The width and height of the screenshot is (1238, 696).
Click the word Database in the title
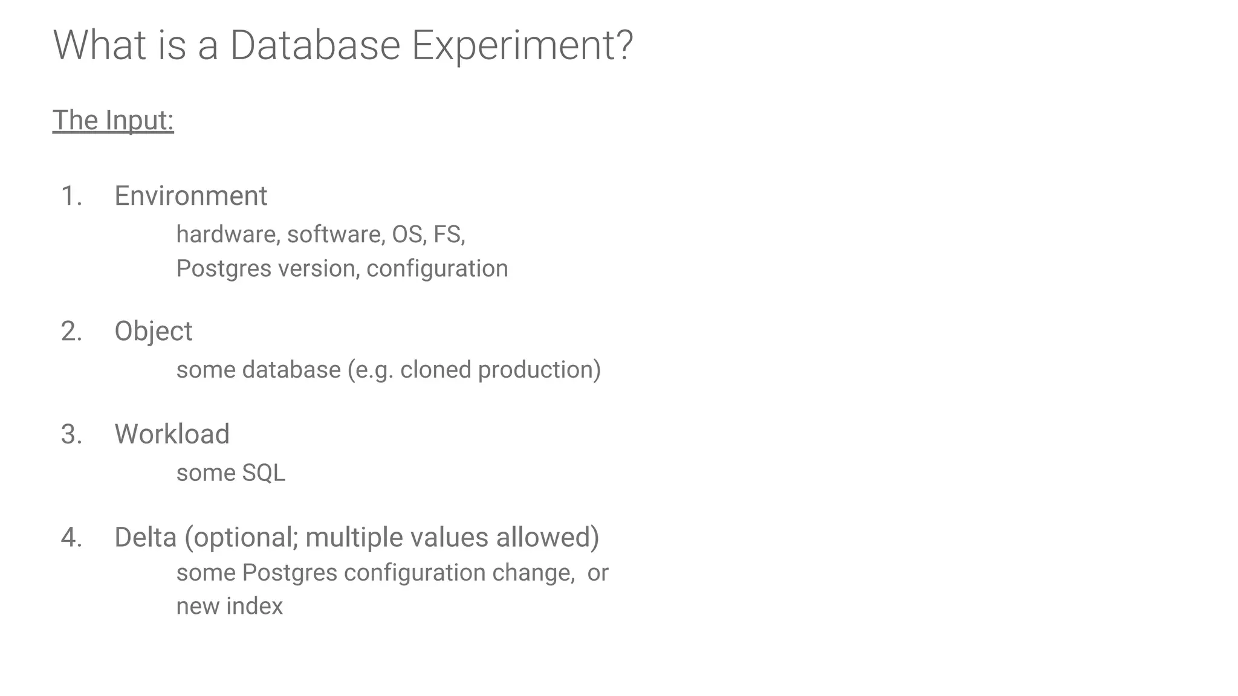coord(315,45)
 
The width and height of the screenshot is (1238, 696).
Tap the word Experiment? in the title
coord(522,45)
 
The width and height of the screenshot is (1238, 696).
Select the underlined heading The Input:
coord(113,120)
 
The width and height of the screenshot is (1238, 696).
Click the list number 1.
coord(71,196)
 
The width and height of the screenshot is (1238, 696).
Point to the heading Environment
coord(190,196)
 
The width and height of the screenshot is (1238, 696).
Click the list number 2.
coord(71,332)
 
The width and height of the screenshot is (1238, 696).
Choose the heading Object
coord(154,332)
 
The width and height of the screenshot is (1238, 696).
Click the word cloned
coord(436,370)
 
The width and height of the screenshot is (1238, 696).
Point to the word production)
coord(539,370)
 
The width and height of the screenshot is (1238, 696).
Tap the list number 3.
coord(71,434)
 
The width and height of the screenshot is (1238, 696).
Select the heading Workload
coord(172,434)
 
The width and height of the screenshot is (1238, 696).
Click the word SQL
coord(264,472)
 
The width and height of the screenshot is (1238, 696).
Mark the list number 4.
coord(71,538)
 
